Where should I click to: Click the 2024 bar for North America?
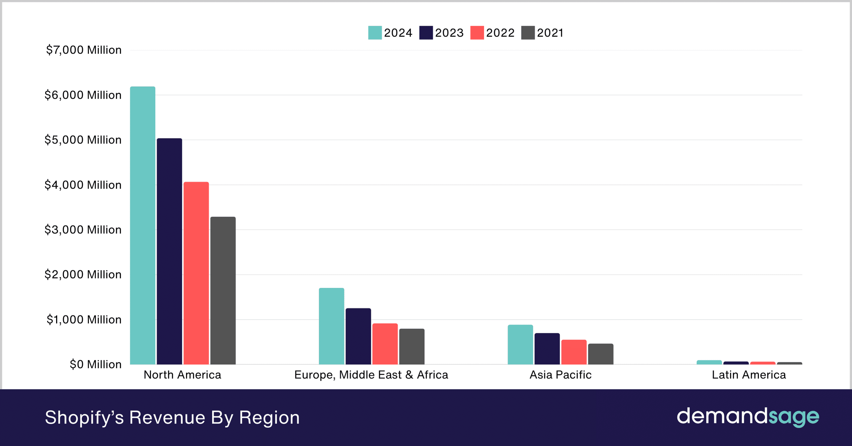point(143,226)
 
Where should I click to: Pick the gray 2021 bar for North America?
point(223,291)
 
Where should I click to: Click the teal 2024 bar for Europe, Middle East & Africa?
point(331,326)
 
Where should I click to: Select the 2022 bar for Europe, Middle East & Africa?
point(385,344)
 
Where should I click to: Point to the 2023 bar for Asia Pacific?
point(547,349)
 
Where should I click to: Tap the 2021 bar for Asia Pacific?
point(600,354)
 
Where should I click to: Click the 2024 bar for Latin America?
point(709,362)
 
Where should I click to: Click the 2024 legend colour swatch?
point(375,33)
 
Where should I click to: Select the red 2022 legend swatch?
point(477,33)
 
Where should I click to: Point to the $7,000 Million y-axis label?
point(84,50)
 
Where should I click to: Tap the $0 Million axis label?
point(96,364)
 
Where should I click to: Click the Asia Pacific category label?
point(560,375)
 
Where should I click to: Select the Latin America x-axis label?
point(749,375)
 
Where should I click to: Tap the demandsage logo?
point(748,417)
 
